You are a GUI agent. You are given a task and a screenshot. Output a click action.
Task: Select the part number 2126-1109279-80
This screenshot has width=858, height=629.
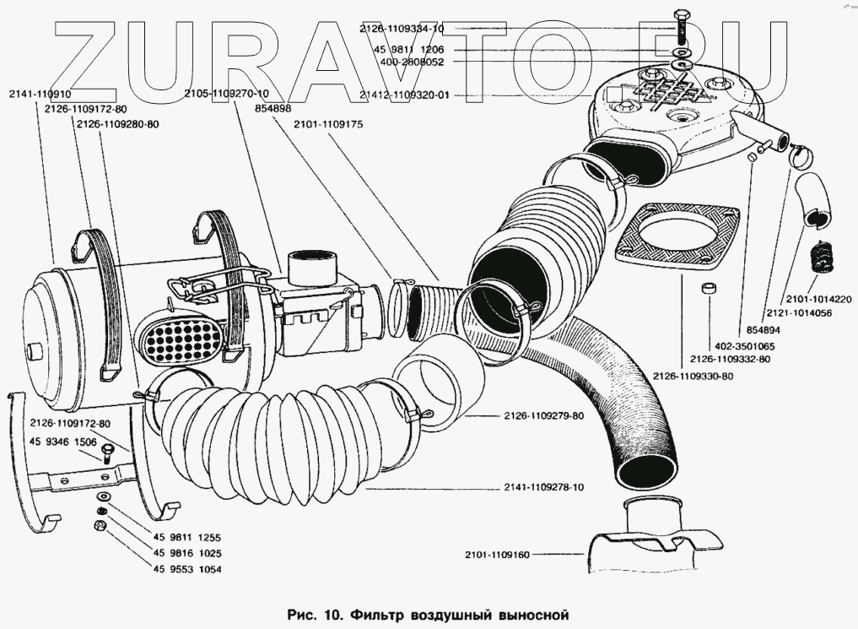(545, 415)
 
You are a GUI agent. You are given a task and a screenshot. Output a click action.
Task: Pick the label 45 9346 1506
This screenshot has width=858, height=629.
(63, 441)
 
